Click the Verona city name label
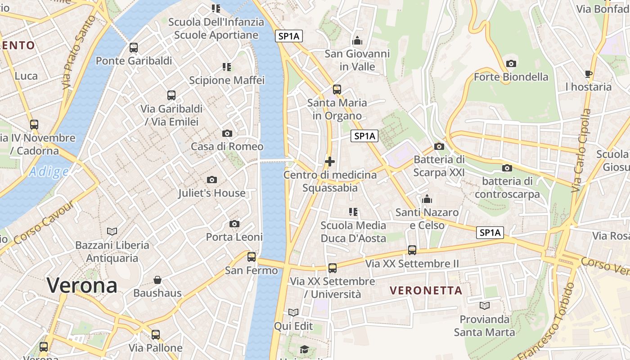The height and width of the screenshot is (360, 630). click(82, 285)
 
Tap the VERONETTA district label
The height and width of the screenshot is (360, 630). click(426, 290)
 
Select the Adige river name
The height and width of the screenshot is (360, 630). click(49, 171)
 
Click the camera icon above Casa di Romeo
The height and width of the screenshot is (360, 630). click(227, 133)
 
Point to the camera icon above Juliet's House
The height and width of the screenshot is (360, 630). click(211, 180)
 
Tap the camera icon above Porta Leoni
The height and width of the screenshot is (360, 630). click(234, 224)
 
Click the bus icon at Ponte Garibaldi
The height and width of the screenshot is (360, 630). click(134, 47)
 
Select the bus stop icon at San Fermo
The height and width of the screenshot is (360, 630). click(252, 257)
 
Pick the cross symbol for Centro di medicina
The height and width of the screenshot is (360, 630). click(330, 161)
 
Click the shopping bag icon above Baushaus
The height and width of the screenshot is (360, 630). click(157, 280)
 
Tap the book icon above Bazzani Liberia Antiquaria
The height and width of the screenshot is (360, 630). click(112, 231)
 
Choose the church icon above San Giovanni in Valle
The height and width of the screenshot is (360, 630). click(357, 40)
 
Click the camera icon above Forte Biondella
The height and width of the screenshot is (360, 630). click(511, 63)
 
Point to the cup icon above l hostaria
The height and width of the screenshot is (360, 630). click(588, 74)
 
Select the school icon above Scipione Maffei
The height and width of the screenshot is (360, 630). click(227, 67)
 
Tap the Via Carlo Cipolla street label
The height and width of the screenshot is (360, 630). click(581, 151)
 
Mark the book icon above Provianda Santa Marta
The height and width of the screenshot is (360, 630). click(484, 306)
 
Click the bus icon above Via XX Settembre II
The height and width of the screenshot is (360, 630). click(412, 250)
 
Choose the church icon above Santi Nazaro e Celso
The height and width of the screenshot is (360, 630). click(427, 198)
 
